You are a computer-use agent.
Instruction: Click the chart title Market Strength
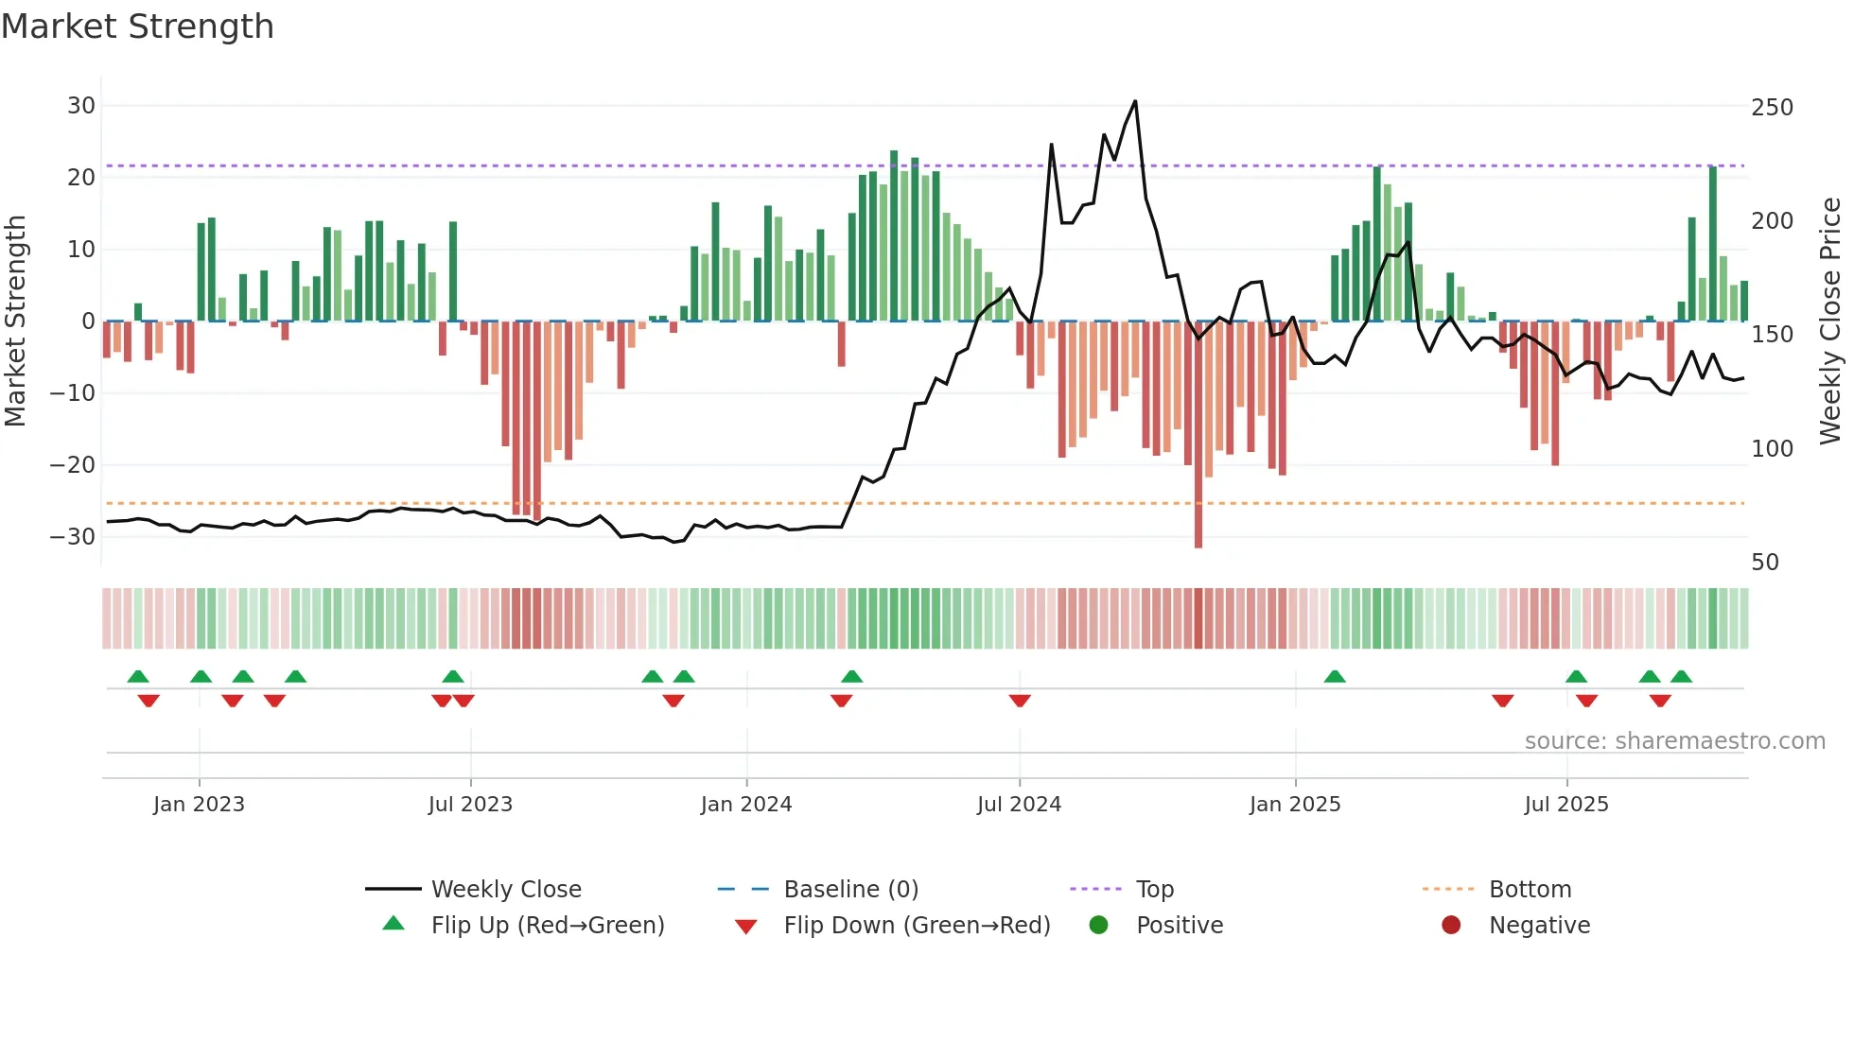click(137, 26)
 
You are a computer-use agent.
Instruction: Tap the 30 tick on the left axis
click(81, 106)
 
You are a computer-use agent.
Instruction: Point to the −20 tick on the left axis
click(72, 465)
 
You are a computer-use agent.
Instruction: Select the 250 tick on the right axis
click(1772, 108)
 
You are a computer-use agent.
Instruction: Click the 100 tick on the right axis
click(1772, 449)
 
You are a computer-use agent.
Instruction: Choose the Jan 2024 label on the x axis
click(746, 805)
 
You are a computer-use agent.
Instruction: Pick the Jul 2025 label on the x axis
click(1566, 805)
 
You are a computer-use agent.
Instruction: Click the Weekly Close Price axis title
click(1830, 321)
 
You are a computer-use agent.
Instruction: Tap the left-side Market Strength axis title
click(16, 321)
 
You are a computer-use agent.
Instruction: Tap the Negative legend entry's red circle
click(1451, 926)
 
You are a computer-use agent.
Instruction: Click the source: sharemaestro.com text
click(1674, 741)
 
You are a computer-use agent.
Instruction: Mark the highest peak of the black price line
click(1135, 102)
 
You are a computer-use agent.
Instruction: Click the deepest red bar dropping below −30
click(1198, 435)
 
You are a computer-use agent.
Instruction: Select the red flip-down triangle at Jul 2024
click(1020, 701)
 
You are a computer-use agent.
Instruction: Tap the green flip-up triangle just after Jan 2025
click(1335, 676)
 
